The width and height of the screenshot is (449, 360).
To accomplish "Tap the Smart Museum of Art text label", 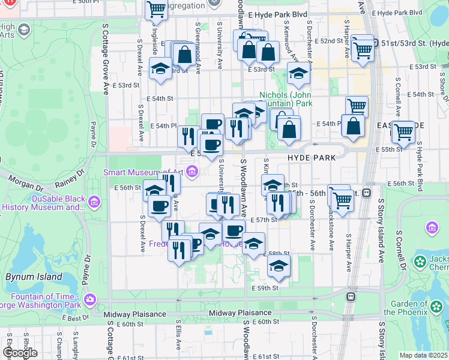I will click(142, 172).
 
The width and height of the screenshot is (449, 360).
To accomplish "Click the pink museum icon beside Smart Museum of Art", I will click(192, 173).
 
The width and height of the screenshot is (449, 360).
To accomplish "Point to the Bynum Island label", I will click(34, 277).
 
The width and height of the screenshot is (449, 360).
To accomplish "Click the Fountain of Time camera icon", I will click(90, 299).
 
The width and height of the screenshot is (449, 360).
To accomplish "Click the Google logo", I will click(20, 353).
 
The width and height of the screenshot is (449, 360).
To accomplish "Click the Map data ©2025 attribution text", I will click(423, 355).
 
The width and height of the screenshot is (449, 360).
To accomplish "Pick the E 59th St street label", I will click(266, 289).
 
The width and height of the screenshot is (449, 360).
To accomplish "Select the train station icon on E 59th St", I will click(351, 296).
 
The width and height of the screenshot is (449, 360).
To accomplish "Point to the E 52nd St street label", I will click(329, 41).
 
